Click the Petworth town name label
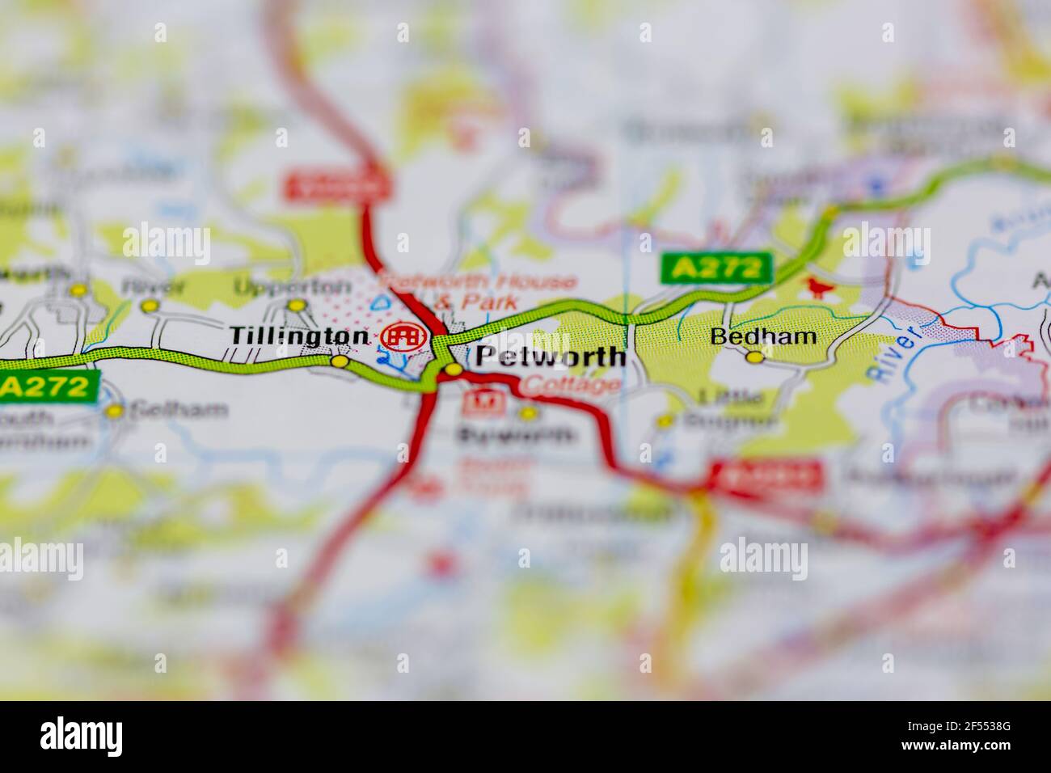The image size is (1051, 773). click(550, 357)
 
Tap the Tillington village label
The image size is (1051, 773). click(299, 336)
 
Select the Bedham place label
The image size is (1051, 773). click(763, 336)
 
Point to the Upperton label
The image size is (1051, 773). click(293, 286)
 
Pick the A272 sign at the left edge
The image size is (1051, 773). click(49, 387)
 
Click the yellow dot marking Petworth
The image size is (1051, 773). click(454, 370)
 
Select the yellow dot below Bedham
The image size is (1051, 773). click(754, 357)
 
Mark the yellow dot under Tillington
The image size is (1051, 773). click(340, 361)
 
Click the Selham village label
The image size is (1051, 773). click(179, 410)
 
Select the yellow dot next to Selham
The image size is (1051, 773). click(116, 411)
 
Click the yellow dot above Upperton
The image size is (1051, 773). click(298, 305)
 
